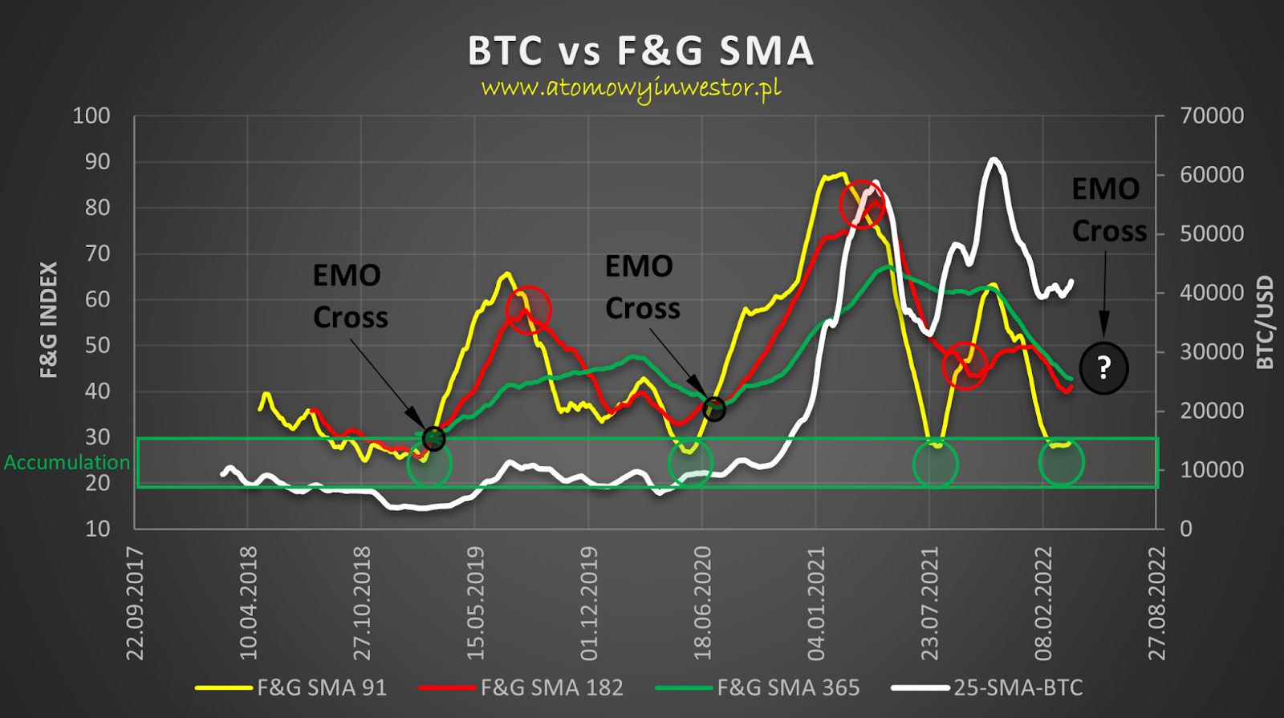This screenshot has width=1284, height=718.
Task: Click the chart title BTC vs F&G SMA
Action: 640,51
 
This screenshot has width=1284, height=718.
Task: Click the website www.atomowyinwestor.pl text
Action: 632,87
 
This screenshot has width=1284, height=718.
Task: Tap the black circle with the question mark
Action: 1104,368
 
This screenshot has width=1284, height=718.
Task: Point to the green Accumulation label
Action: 67,462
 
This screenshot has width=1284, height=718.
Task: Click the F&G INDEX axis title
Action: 49,319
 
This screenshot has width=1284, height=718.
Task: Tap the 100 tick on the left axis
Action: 91,116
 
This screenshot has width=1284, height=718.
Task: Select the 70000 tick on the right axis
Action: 1212,116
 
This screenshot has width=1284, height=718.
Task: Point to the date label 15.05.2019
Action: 476,603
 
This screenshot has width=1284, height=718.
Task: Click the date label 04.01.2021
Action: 816,603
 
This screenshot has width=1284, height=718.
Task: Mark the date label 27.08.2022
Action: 1156,603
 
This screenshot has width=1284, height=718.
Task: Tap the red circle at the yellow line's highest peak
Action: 862,204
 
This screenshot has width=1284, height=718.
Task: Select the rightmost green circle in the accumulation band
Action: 1062,462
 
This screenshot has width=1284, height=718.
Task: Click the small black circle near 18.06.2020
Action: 714,409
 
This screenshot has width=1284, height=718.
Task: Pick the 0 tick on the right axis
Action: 1186,529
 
